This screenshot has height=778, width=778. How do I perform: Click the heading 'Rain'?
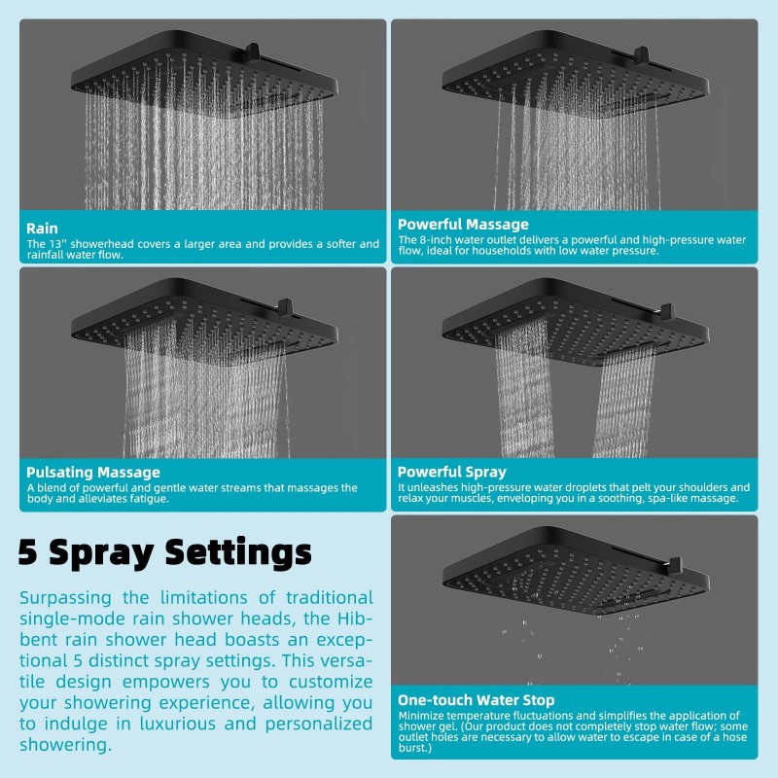pos(43,229)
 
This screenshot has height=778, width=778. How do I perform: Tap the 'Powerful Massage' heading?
pos(463,225)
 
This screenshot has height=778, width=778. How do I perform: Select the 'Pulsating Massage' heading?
pos(93,473)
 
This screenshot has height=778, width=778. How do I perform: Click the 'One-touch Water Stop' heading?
pos(477,700)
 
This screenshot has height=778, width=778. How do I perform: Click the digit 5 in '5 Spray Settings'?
pos(30,552)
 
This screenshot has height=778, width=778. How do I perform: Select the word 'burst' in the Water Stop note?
pos(413,748)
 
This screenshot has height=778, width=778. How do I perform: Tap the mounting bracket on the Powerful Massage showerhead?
pos(641,55)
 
